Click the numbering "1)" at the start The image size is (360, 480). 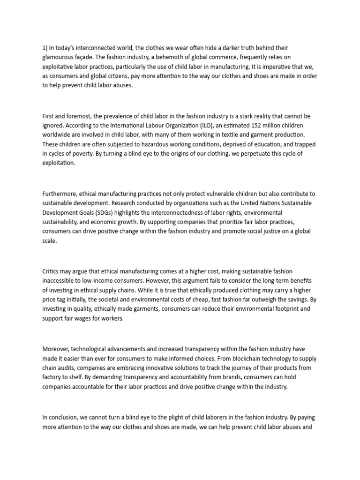coord(45,48)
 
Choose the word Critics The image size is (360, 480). coord(52,271)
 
